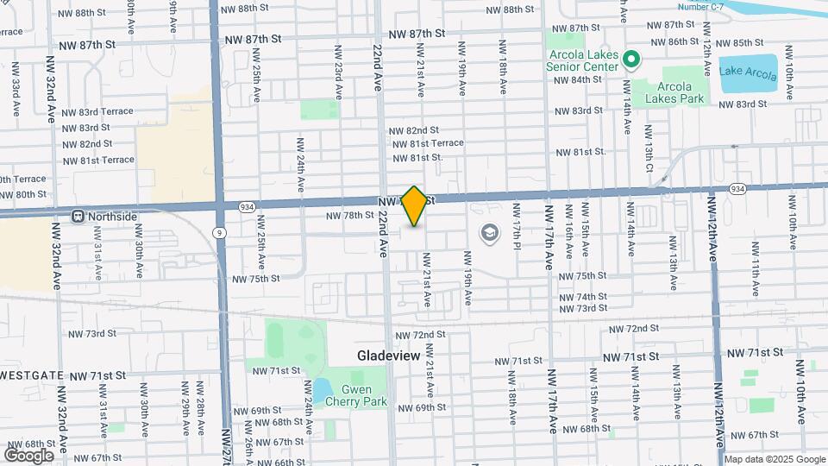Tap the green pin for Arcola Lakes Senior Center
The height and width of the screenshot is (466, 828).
(631, 60)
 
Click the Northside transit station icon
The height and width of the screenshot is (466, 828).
(78, 216)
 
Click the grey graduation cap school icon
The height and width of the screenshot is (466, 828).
(490, 234)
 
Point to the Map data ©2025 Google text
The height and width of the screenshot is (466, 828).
(774, 459)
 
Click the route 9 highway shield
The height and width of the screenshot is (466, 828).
(221, 232)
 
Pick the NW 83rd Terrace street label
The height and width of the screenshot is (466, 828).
(98, 111)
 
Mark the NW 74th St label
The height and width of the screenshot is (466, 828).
(583, 296)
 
